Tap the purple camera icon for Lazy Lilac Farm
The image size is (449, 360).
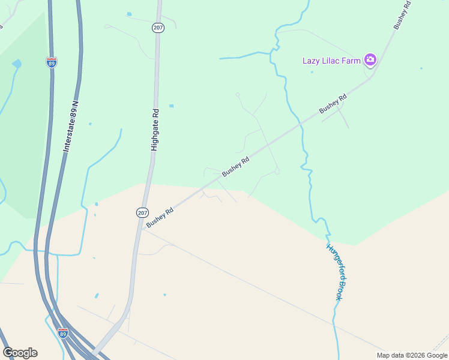pos(370,59)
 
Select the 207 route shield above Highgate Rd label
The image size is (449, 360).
pos(158,28)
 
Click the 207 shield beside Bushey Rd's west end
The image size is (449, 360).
pos(142,212)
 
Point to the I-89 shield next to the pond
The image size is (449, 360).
pos(52,62)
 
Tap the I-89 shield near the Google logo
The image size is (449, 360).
pos(63,332)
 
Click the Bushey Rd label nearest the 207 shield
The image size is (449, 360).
pos(160,217)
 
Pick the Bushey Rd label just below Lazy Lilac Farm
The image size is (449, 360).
pos(333,104)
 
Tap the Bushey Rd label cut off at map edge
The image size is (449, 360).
pos(402,14)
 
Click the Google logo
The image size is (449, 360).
pos(20,353)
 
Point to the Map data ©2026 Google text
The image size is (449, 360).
pos(412,355)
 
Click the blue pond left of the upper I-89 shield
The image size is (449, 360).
pos(17,63)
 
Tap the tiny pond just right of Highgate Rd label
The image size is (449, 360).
pos(171,106)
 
